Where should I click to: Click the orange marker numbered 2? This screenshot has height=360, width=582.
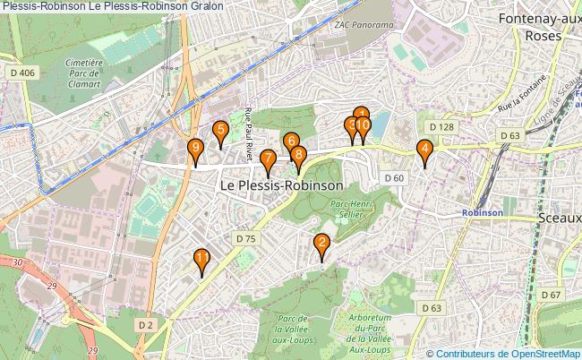click(x=321, y=243)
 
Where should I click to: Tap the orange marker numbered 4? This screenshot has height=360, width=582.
click(x=425, y=150)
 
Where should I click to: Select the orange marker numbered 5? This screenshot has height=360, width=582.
click(x=219, y=131)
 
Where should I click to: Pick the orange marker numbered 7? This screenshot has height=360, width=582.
click(x=268, y=160)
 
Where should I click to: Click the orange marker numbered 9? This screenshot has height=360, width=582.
click(x=195, y=150)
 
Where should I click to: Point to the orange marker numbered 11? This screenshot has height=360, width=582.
click(x=202, y=260)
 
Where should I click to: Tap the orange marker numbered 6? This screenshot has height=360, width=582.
click(x=290, y=141)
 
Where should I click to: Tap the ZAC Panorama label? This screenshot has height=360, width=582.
click(x=364, y=24)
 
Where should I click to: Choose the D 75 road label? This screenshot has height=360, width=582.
click(x=246, y=238)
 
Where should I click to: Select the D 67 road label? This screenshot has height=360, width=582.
click(x=551, y=295)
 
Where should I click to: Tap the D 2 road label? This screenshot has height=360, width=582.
click(x=147, y=324)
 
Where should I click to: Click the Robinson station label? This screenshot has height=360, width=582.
click(x=483, y=213)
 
